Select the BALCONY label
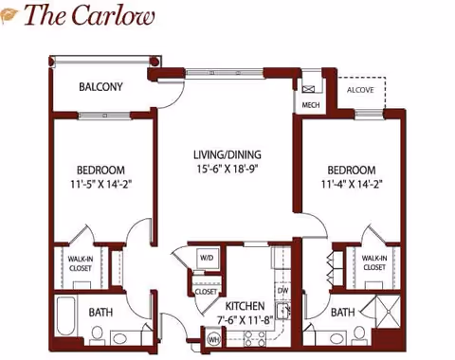click(100, 87)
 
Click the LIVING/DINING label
click(227, 154)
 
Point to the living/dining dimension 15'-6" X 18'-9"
click(227, 170)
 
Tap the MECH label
click(311, 105)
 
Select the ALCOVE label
click(360, 90)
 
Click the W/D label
click(207, 258)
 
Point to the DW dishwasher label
click(282, 290)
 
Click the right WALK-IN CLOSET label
click(374, 261)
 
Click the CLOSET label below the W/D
click(206, 291)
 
